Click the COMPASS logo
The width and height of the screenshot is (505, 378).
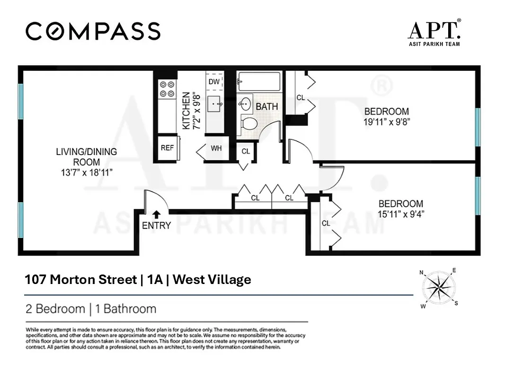point(93,32)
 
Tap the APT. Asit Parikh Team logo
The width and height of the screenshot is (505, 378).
point(434,33)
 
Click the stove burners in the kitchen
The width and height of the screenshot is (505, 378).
point(167,89)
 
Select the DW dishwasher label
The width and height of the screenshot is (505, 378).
point(214,82)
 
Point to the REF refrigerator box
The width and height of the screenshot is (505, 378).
point(167,147)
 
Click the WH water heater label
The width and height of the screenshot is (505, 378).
point(216,148)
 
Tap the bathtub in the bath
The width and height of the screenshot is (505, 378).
point(259,81)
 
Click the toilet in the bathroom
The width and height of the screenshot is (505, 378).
point(247,124)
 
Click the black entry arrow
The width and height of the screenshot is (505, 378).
point(156,215)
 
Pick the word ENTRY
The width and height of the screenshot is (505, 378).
point(156,226)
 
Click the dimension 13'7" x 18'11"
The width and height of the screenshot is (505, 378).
point(87,172)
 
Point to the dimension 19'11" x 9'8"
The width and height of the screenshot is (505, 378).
point(387,121)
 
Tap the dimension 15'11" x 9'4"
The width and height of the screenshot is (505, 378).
point(400,214)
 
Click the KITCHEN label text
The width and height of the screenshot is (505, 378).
point(186,111)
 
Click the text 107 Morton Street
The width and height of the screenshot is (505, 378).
point(80,280)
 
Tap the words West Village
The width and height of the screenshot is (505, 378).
point(212,280)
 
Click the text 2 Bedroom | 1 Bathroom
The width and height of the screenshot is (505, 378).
point(91,309)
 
